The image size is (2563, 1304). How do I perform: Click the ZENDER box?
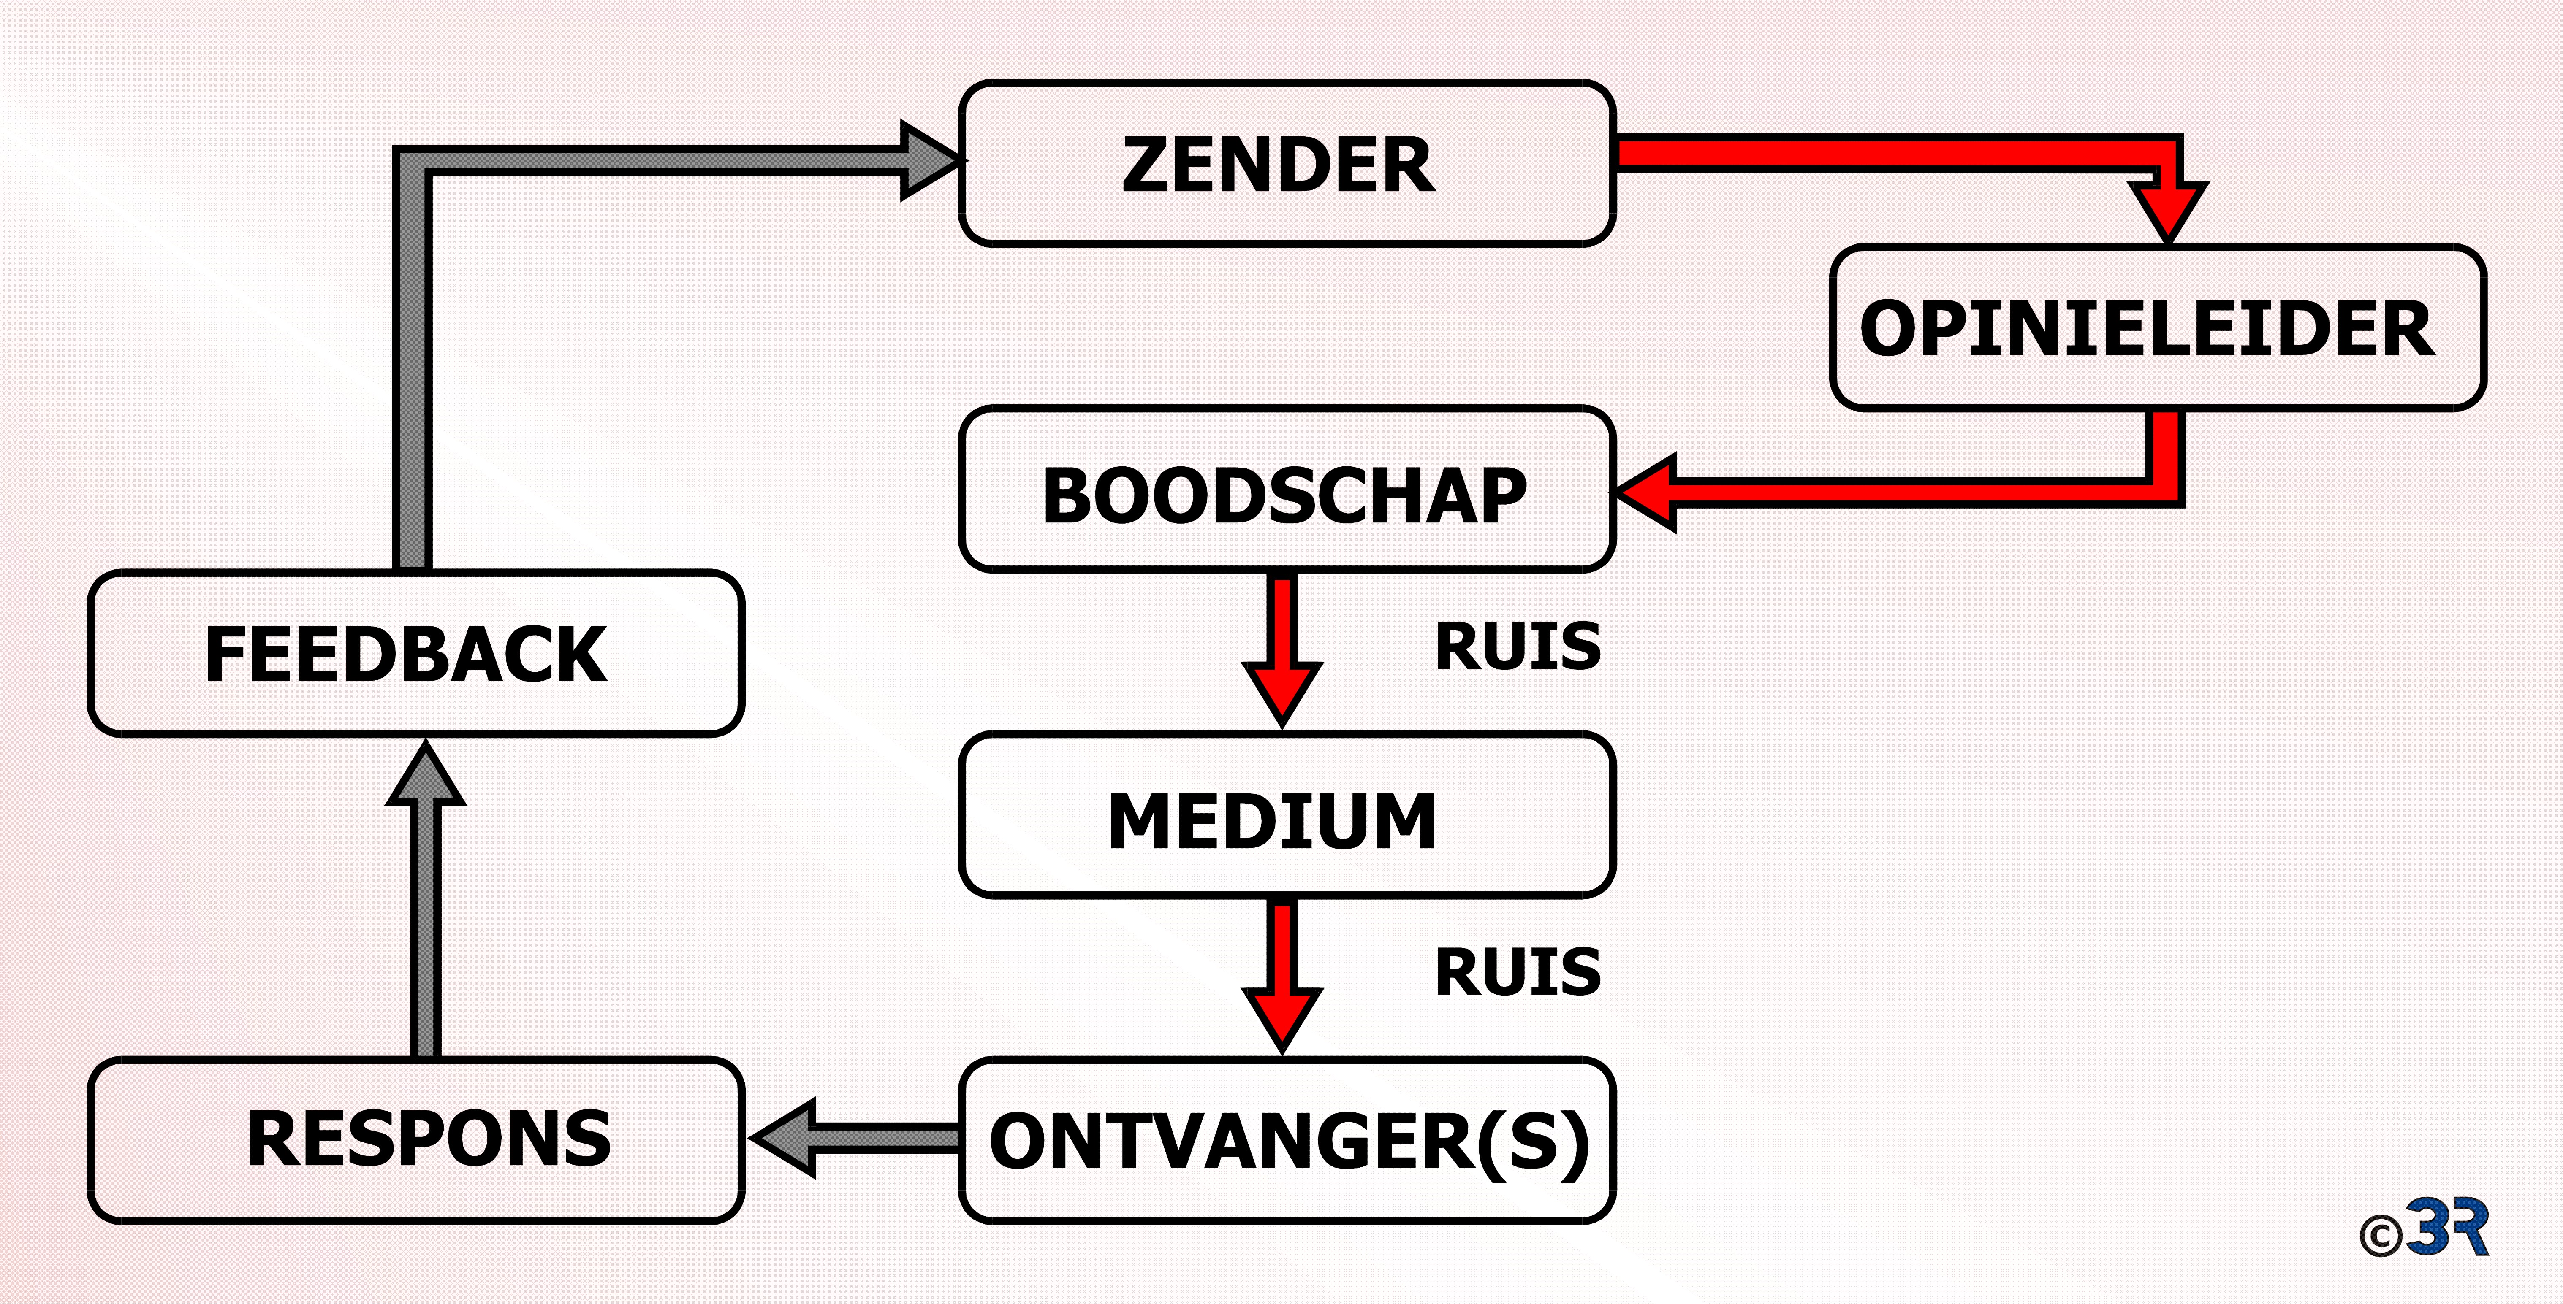pyautogui.click(x=1287, y=163)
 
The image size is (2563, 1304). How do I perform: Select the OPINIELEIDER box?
pyautogui.click(x=2157, y=327)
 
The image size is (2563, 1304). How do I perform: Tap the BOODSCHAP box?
pyautogui.click(x=1287, y=488)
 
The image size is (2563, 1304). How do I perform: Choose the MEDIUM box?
pyautogui.click(x=1287, y=814)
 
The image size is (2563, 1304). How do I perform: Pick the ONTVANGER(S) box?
pyautogui.click(x=1287, y=1140)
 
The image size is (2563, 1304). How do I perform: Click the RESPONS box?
pyautogui.click(x=416, y=1140)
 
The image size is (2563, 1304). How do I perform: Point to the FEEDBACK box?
pyautogui.click(x=416, y=652)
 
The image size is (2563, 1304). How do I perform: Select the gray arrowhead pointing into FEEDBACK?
pyautogui.click(x=426, y=774)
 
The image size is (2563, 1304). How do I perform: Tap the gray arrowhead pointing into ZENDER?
pyautogui.click(x=930, y=160)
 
